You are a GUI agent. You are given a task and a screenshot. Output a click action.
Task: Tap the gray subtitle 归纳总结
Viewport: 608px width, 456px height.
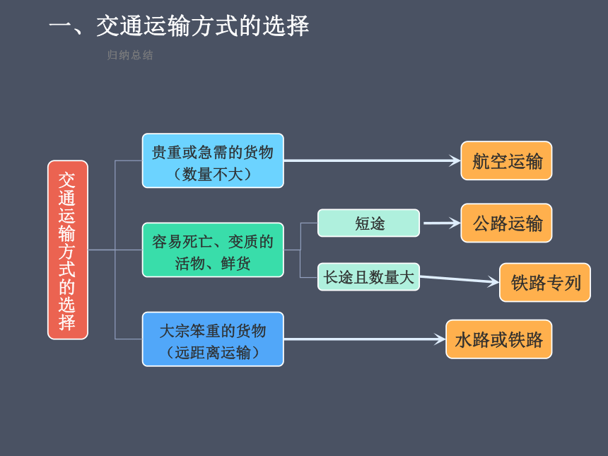coord(130,55)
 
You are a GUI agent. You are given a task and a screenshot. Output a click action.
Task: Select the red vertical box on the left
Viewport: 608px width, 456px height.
coord(68,250)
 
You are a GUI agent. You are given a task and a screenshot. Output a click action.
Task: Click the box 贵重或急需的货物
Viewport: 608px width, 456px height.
coord(213,160)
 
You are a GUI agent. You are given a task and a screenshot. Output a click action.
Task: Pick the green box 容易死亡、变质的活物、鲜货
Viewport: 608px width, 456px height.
coord(213,250)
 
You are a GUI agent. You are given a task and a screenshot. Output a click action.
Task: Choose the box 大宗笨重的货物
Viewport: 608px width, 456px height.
coord(213,339)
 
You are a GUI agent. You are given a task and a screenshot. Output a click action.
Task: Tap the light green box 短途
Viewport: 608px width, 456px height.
coord(368,223)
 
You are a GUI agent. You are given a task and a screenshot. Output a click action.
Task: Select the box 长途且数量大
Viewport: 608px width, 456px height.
coord(368,277)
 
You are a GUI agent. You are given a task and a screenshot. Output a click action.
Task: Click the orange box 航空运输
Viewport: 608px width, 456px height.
coord(506,160)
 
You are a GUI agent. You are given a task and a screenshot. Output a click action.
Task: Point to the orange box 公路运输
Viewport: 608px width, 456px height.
coord(506,223)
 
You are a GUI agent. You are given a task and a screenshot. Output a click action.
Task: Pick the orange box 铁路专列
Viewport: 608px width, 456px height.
coord(545,282)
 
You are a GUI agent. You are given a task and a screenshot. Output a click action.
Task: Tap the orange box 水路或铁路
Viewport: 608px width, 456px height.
coord(499,339)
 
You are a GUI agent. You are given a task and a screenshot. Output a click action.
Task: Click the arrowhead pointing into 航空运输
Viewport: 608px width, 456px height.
coord(455,160)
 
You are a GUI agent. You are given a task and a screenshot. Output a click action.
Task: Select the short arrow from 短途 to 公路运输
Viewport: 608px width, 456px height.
coord(442,223)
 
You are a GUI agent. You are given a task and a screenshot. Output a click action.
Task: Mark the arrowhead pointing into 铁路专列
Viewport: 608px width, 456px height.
coord(493,281)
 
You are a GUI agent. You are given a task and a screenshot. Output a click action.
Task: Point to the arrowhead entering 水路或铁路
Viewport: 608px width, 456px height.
coord(440,339)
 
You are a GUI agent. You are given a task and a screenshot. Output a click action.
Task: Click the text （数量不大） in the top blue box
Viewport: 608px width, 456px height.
coord(213,174)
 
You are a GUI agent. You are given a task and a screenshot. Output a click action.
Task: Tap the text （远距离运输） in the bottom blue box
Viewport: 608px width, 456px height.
coord(213,353)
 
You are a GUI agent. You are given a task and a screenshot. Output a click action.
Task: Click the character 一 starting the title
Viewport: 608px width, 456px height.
coord(61,26)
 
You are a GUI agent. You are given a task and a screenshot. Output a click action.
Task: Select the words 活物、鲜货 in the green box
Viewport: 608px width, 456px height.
coord(213,264)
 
